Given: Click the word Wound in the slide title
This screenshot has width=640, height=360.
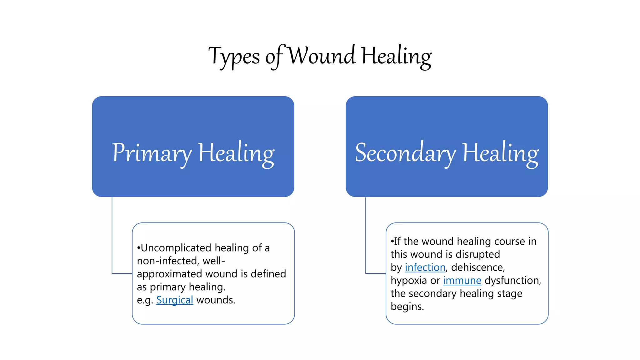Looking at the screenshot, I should click(321, 56).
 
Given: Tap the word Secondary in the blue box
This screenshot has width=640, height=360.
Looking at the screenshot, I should click(405, 153).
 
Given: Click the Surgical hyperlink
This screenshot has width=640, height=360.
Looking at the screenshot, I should click(175, 300).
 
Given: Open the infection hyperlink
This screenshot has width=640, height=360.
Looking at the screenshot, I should click(425, 267).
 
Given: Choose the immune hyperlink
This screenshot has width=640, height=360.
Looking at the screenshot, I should click(462, 281).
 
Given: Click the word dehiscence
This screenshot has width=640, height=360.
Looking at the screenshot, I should click(478, 267).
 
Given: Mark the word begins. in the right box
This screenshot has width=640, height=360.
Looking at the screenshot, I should click(407, 307).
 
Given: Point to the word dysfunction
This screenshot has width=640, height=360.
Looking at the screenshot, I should click(512, 281).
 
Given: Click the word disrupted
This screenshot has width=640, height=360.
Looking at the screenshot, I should click(477, 254).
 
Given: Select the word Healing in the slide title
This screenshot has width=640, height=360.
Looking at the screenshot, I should click(396, 56).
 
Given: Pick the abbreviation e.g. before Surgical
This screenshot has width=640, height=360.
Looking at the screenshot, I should click(145, 300).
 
